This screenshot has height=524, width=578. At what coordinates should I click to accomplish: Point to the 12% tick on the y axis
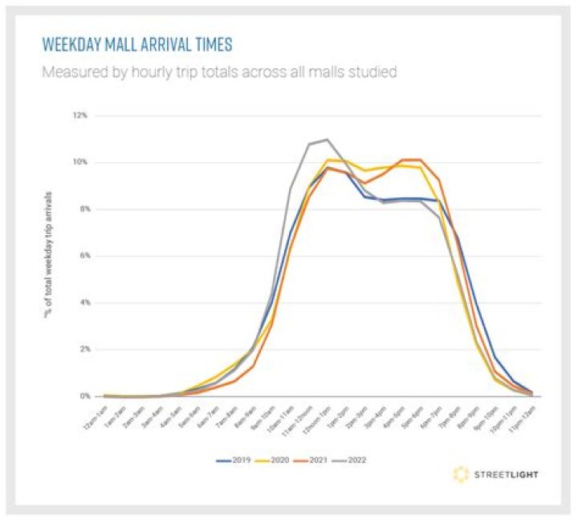(x=81, y=116)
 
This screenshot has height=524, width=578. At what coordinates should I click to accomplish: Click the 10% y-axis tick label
(x=81, y=162)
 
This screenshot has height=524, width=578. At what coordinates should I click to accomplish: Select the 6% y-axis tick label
(x=83, y=256)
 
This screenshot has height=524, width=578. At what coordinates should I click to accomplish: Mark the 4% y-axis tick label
(x=83, y=303)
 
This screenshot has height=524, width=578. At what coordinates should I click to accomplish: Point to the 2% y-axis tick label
(x=83, y=350)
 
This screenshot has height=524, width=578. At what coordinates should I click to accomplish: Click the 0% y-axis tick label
(x=83, y=396)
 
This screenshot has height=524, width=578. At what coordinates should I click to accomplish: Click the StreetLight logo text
(x=506, y=474)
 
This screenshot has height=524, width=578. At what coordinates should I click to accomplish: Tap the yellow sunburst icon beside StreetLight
(x=460, y=474)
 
